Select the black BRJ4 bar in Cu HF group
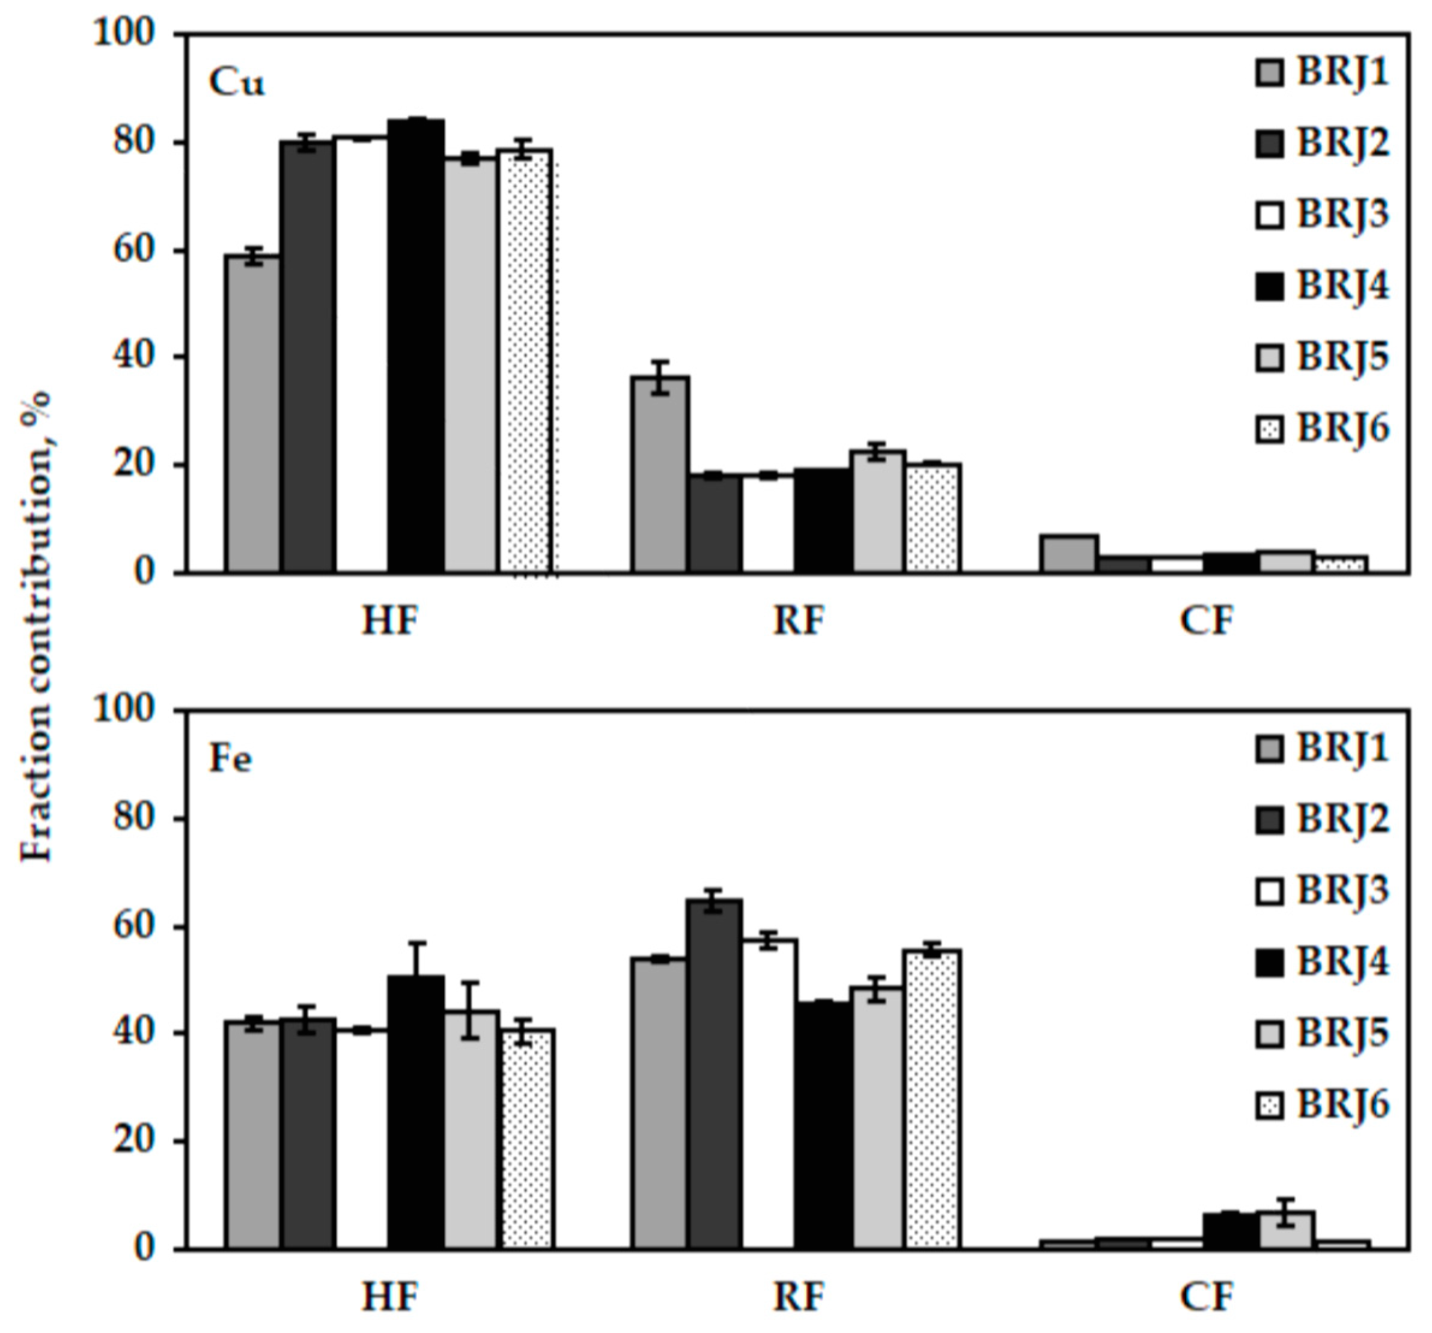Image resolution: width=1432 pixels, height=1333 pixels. [416, 346]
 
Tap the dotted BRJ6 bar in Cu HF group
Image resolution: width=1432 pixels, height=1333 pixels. [526, 360]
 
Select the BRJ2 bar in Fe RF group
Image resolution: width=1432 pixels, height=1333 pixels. [714, 1074]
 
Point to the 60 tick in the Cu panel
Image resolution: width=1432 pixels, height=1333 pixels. [135, 251]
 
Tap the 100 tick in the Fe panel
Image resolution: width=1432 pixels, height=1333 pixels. [124, 709]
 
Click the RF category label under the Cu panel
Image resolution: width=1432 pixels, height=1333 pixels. [797, 621]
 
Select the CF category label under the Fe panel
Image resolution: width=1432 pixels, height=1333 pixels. [1207, 1297]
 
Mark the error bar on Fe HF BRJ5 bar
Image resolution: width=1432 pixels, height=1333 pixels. [471, 1010]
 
